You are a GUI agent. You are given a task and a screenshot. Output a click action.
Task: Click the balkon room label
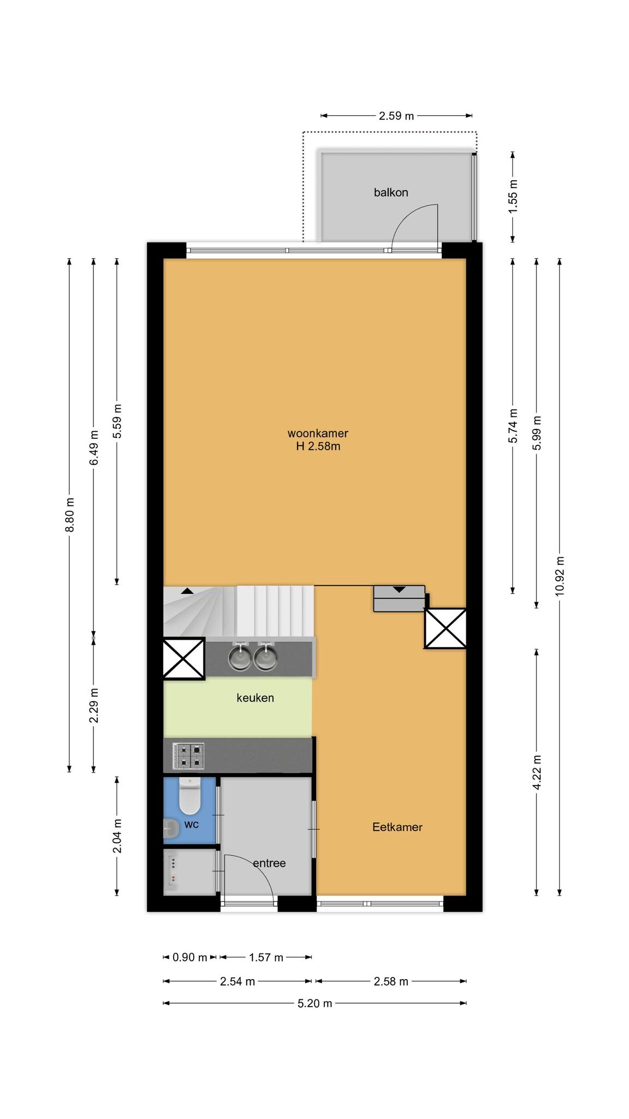tap(391, 192)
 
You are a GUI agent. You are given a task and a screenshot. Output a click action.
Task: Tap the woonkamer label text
tap(318, 433)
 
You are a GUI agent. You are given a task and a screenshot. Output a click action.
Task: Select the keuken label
tap(255, 698)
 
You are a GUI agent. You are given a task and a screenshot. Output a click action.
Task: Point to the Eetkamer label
tap(397, 827)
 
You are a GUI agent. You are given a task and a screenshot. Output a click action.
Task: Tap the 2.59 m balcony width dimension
tap(396, 116)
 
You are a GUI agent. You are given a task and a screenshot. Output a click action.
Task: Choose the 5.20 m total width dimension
tap(315, 1003)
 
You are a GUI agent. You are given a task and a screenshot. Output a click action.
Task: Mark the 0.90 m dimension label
tap(190, 957)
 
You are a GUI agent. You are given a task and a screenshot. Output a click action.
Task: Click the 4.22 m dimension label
tap(537, 772)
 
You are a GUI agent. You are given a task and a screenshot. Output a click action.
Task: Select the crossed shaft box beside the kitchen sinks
tap(184, 658)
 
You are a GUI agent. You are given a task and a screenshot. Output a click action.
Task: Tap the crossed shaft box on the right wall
tap(446, 628)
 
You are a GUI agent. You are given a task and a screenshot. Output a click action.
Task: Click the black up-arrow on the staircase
tap(187, 591)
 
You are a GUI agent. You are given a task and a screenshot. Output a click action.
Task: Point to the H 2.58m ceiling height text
tap(318, 446)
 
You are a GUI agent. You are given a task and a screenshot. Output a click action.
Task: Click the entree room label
tap(270, 863)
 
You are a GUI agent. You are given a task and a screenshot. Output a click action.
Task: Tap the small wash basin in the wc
tap(171, 829)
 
